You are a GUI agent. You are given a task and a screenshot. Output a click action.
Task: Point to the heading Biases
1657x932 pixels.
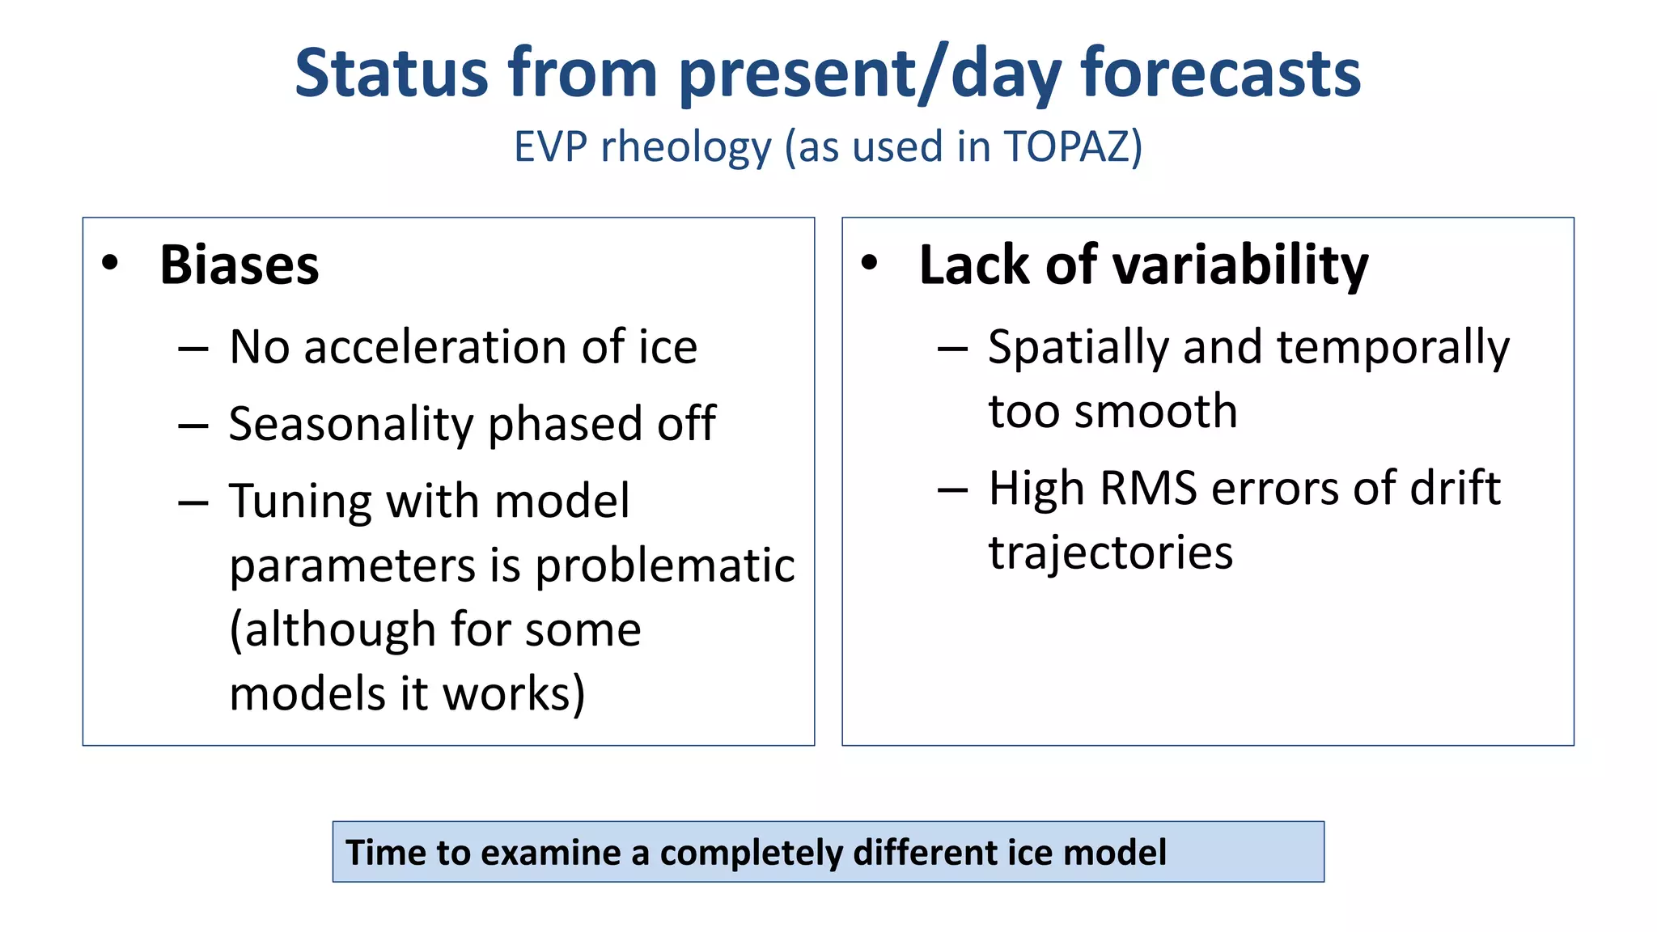click(239, 265)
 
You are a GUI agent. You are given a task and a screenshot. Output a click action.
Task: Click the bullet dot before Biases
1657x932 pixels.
click(110, 262)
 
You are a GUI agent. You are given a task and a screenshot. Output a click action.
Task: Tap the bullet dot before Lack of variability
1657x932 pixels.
click(869, 262)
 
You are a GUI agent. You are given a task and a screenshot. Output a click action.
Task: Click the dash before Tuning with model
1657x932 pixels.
click(193, 502)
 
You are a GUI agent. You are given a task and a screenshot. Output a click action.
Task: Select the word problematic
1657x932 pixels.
click(665, 565)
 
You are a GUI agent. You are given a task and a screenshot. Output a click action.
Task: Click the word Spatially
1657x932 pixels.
click(1078, 349)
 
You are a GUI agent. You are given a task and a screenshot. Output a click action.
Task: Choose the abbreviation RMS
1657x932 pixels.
click(1148, 488)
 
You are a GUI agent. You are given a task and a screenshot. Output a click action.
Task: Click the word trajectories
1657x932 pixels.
click(1111, 553)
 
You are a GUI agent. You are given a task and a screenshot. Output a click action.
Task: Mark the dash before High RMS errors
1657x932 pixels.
click(952, 489)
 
